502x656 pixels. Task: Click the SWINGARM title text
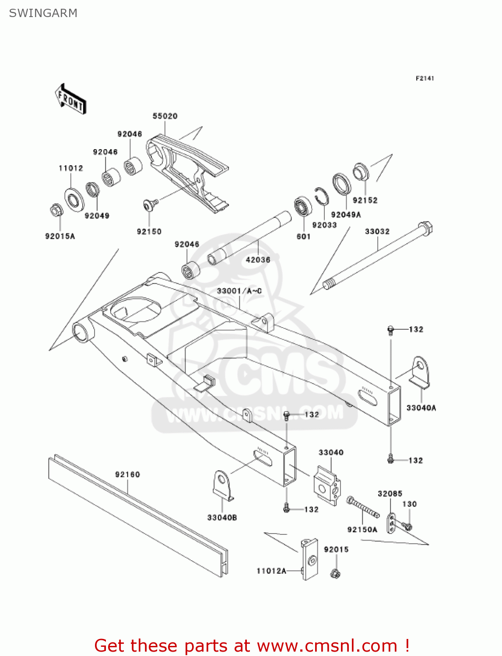[x=43, y=13]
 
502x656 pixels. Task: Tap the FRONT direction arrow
[x=70, y=99]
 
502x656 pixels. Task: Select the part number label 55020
[x=165, y=116]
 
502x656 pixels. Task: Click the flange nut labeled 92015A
[x=56, y=210]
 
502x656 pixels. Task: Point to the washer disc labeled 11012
[x=74, y=199]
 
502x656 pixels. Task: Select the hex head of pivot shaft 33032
[x=425, y=228]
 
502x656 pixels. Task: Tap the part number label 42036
[x=258, y=259]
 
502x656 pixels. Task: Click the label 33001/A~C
[x=239, y=291]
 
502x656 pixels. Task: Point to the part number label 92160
[x=127, y=475]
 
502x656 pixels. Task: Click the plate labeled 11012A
[x=310, y=559]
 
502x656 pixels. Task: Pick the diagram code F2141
[x=425, y=78]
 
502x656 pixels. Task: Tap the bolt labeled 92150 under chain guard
[x=151, y=203]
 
